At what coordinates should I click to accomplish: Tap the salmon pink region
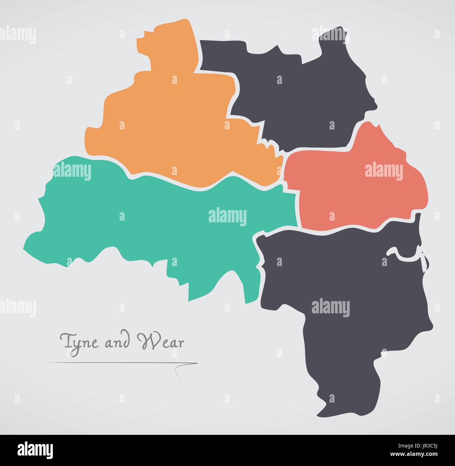pyautogui.click(x=350, y=189)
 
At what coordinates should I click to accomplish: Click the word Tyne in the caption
pyautogui.click(x=78, y=341)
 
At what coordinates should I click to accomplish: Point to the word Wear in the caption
pyautogui.click(x=162, y=341)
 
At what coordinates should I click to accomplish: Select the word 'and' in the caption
pyautogui.click(x=116, y=342)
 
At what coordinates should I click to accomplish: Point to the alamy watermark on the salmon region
pyautogui.click(x=384, y=172)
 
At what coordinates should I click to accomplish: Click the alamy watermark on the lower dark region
pyautogui.click(x=330, y=307)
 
